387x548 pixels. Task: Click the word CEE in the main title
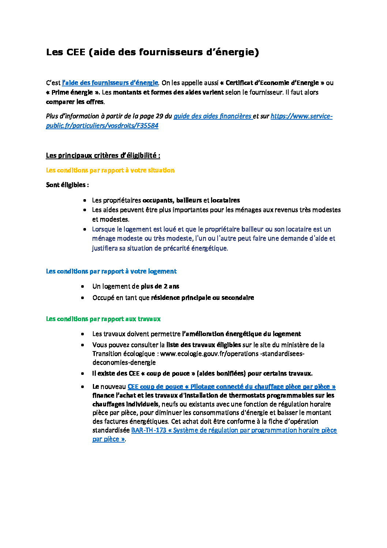(x=76, y=52)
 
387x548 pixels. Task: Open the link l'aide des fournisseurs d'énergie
(x=110, y=83)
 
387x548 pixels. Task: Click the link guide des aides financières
(x=212, y=116)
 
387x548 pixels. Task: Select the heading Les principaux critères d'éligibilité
(x=103, y=156)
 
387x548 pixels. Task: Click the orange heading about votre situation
(x=110, y=170)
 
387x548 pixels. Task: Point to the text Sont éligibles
(x=67, y=185)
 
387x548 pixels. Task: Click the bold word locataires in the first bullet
(x=225, y=200)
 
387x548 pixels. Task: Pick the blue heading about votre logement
(x=111, y=271)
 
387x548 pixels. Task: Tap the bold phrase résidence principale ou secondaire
(x=202, y=298)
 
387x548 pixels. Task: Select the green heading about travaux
(x=103, y=319)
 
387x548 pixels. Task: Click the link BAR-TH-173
(x=148, y=430)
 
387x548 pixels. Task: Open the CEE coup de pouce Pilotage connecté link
(x=231, y=387)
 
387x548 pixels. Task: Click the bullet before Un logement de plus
(x=83, y=286)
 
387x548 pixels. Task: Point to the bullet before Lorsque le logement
(x=84, y=230)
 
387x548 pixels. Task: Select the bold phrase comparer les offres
(x=75, y=102)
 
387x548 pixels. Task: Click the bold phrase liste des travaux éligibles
(x=203, y=345)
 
